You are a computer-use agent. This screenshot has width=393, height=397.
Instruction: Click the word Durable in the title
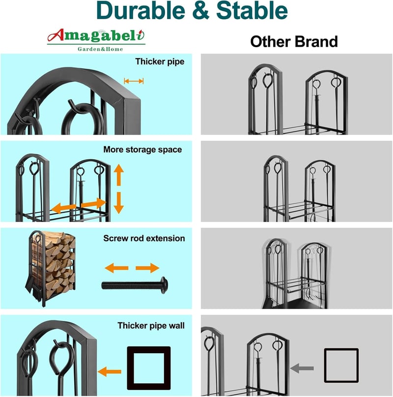coord(141,11)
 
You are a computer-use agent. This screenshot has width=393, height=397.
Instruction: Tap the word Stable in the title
coord(252,11)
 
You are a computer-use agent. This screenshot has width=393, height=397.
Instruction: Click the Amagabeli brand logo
coord(96,40)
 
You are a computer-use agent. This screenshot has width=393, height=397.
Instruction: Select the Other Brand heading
coord(294,42)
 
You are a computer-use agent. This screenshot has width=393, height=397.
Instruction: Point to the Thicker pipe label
coord(160,61)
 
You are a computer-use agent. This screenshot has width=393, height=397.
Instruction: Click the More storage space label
coord(142,149)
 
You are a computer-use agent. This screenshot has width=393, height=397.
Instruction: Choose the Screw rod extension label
coord(144,238)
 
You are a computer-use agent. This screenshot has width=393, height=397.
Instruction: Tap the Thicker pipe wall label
coord(151,326)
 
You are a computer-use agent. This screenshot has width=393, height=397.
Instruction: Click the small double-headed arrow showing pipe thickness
coord(134,81)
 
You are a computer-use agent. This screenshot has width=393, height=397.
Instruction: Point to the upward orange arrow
coord(119,175)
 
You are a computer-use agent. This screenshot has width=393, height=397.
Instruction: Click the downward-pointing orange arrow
coord(119,203)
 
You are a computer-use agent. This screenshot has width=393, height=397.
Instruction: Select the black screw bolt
coord(135,285)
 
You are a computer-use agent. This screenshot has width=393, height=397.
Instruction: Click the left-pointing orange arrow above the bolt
coord(116,268)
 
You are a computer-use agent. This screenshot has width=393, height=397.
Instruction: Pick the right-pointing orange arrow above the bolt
coord(147,268)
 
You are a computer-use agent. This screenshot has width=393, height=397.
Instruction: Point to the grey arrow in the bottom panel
coord(302,368)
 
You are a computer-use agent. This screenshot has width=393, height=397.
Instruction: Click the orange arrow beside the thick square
coord(110,371)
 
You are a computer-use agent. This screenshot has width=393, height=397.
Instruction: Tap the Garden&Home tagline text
coord(100,49)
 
